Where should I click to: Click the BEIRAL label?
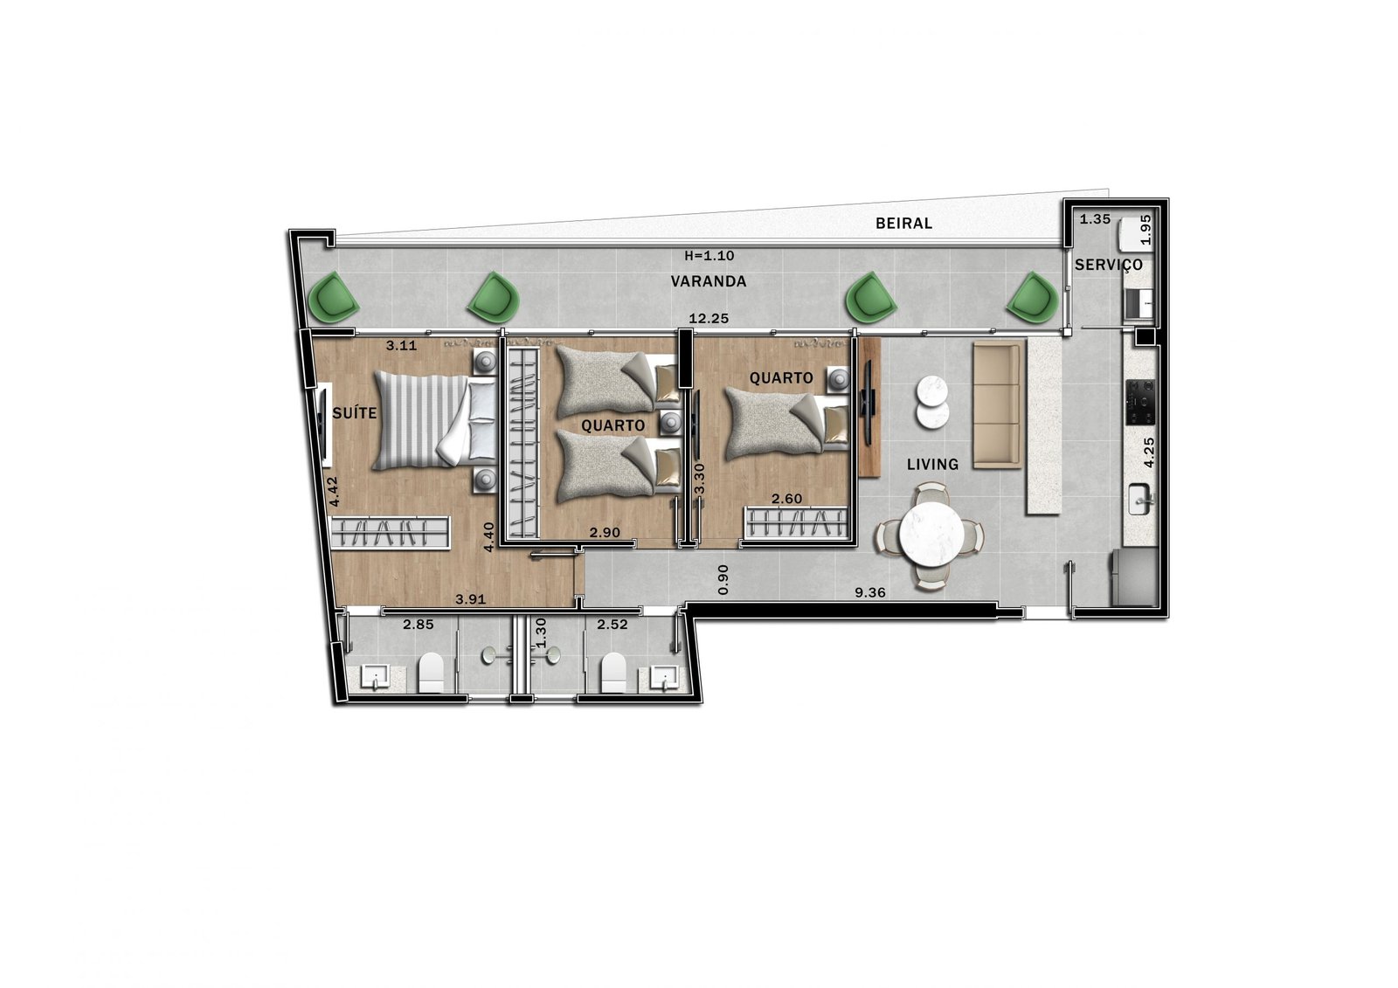[x=903, y=224]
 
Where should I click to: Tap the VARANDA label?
[x=709, y=281]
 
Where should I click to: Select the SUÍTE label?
[x=355, y=413]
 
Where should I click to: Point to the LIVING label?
[x=932, y=465]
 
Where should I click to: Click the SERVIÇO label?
[x=1109, y=266]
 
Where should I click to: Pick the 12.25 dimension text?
[x=709, y=318]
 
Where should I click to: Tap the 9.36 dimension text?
[x=870, y=592]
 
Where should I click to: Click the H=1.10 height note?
[x=709, y=255]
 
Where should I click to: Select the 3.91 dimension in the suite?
[x=471, y=599]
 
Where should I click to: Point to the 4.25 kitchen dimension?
[x=1149, y=452]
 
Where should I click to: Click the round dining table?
[x=931, y=534]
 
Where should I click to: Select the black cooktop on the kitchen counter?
[x=1140, y=402]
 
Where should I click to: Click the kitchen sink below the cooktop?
[x=1141, y=500]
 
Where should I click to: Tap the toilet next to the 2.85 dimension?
[x=432, y=672]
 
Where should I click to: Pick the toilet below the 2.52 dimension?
[x=612, y=672]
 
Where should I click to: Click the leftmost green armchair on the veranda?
[x=334, y=297]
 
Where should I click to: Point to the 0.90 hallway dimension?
[x=723, y=580]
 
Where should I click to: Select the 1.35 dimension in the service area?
[x=1096, y=219]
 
